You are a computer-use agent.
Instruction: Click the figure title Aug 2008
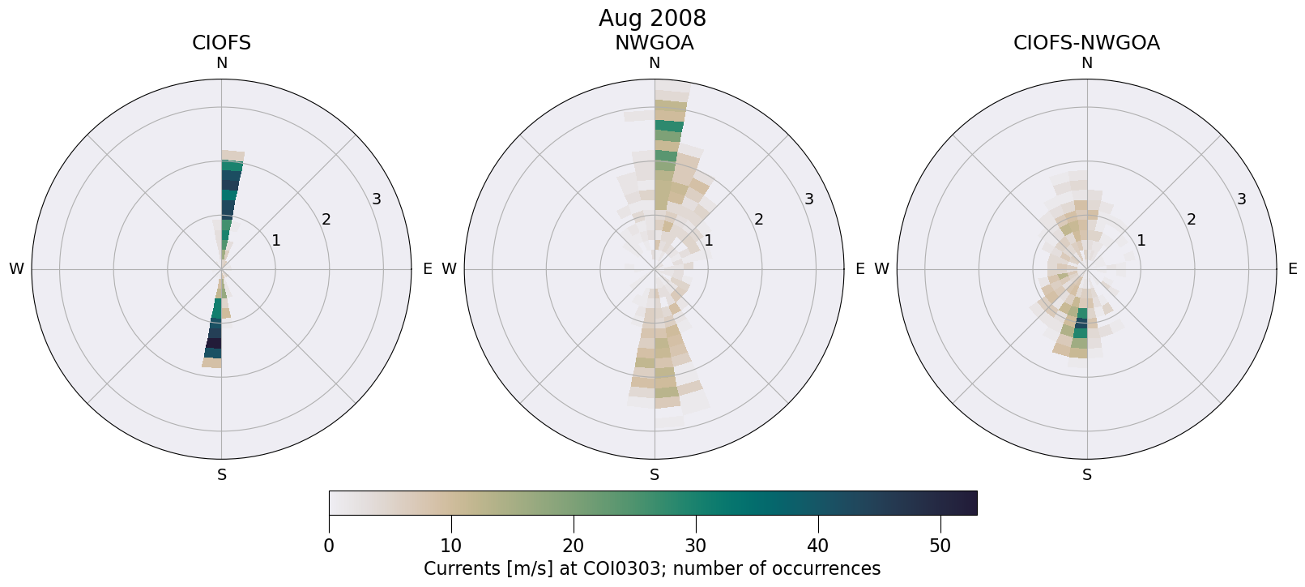pyautogui.click(x=652, y=18)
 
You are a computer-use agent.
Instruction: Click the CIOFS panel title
pyautogui.click(x=221, y=43)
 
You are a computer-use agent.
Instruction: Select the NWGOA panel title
pyautogui.click(x=654, y=43)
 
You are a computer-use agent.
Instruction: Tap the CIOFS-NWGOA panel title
pyautogui.click(x=1086, y=43)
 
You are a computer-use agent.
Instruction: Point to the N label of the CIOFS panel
pyautogui.click(x=221, y=63)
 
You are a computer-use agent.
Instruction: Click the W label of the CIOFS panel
pyautogui.click(x=16, y=269)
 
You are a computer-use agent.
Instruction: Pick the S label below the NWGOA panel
pyautogui.click(x=655, y=475)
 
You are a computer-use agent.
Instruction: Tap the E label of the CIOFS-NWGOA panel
pyautogui.click(x=1292, y=269)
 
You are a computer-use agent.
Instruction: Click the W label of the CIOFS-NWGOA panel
pyautogui.click(x=881, y=269)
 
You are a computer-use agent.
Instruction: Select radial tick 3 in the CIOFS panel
pyautogui.click(x=376, y=199)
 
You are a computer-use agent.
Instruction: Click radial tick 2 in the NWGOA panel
pyautogui.click(x=758, y=219)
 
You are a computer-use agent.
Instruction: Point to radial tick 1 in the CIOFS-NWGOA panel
pyautogui.click(x=1141, y=240)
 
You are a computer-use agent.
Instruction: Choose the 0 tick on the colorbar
pyautogui.click(x=329, y=546)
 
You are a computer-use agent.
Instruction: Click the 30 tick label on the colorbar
pyautogui.click(x=696, y=546)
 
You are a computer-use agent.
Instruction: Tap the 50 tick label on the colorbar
pyautogui.click(x=940, y=546)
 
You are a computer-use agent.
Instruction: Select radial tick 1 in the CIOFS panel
pyautogui.click(x=275, y=240)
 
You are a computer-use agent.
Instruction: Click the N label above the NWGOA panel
pyautogui.click(x=655, y=63)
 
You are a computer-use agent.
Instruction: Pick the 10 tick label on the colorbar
pyautogui.click(x=451, y=546)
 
